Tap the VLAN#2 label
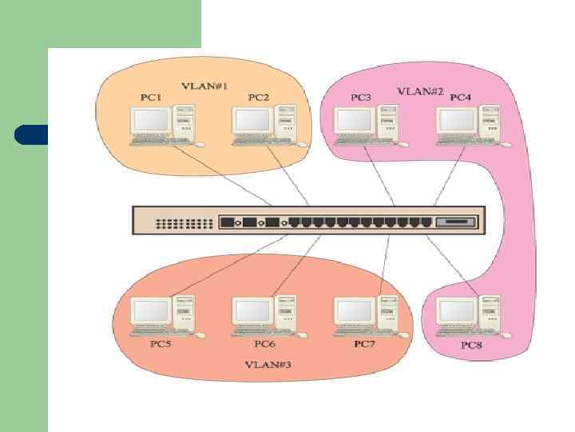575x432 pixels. click(420, 91)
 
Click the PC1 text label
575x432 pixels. click(151, 98)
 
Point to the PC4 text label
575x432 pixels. click(461, 98)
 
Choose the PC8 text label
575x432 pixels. click(472, 346)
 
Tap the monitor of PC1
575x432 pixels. click(151, 121)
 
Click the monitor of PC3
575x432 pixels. click(354, 121)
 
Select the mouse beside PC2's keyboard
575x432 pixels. click(301, 145)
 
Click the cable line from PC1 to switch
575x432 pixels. click(240, 178)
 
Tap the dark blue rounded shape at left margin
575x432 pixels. click(30, 134)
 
